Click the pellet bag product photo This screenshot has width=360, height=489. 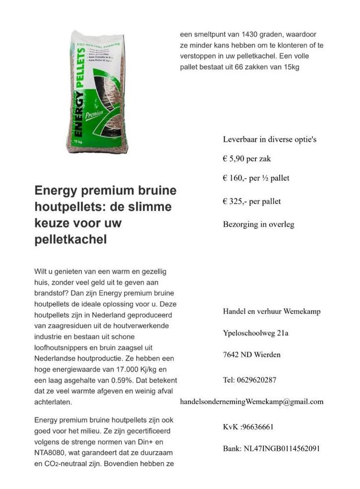[97, 92]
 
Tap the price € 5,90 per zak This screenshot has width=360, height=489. [246, 159]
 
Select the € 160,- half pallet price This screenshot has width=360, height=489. [256, 178]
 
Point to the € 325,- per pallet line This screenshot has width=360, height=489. [251, 201]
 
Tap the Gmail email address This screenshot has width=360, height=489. [251, 401]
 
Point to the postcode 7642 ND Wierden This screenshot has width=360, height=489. [251, 354]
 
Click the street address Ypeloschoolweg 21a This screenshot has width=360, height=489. [256, 333]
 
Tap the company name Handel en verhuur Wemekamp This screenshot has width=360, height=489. [271, 311]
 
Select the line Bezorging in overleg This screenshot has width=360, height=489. [258, 224]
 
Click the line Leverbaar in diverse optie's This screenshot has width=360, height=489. [270, 139]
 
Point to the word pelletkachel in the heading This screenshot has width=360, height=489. [70, 240]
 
